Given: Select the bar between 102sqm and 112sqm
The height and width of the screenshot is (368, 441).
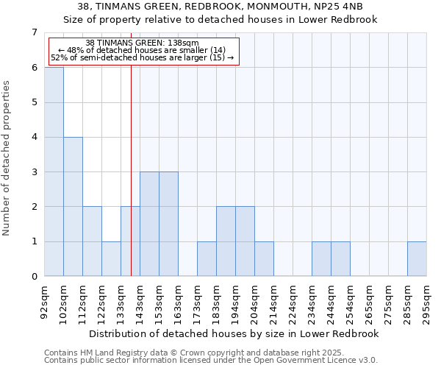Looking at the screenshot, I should tap(73, 207).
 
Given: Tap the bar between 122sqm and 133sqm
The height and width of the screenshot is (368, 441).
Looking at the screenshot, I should tap(111, 259).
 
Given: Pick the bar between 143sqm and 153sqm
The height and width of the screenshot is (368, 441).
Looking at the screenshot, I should tap(149, 224).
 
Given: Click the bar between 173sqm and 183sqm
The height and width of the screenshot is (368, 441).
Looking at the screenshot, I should tap(207, 259).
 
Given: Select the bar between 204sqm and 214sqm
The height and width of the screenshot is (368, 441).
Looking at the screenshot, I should tap(264, 259).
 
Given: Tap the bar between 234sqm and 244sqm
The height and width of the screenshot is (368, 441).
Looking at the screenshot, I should tap(321, 259).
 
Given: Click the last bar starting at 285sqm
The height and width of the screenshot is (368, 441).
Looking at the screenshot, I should tap(417, 259).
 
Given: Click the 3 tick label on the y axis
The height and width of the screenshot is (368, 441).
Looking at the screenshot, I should tap(34, 172).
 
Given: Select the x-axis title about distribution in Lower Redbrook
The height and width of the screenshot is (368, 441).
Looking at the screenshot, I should tap(235, 333).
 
